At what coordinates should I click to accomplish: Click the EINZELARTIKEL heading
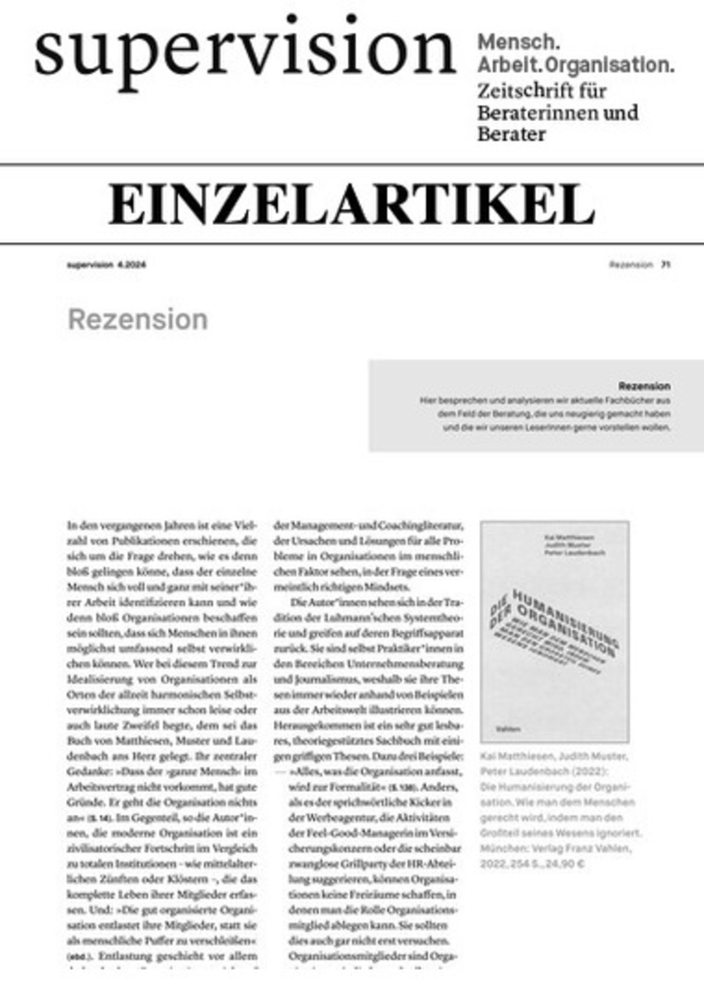351,204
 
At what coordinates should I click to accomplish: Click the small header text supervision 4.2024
106,265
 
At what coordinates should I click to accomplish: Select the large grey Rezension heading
138,320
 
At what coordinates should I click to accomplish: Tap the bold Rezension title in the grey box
644,386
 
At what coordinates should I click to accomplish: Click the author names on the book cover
569,545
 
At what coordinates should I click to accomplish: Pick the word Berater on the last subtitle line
511,134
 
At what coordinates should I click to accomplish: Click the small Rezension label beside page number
631,265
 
